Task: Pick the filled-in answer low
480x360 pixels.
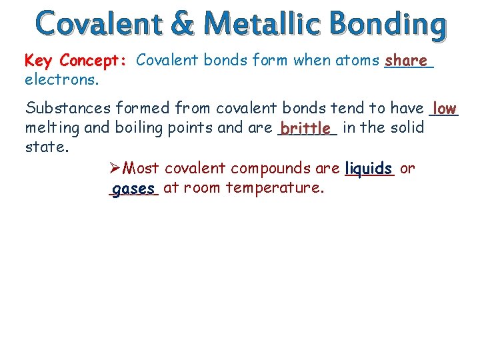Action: coord(444,108)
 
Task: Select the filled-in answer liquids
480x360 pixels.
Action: coord(369,169)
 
